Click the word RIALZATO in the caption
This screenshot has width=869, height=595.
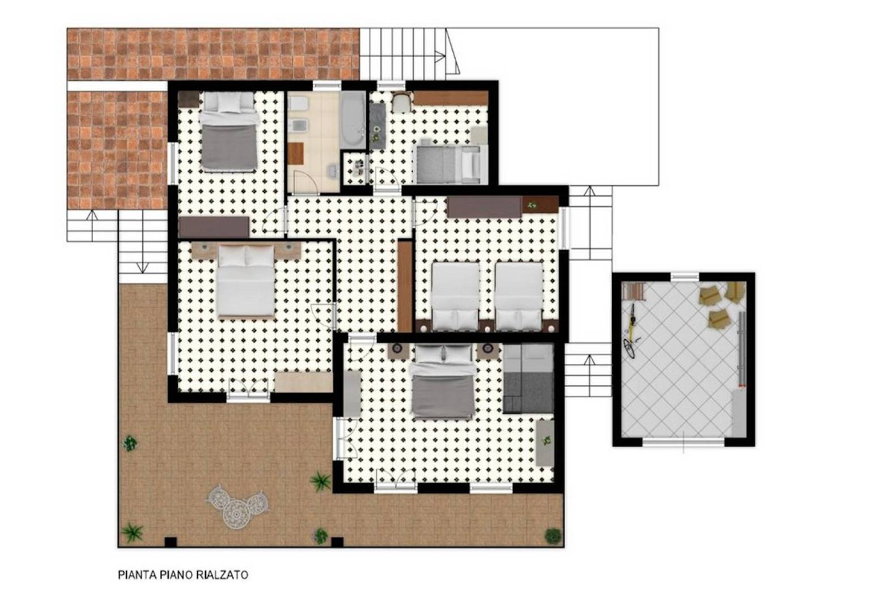(x=222, y=575)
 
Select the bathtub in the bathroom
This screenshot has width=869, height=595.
(x=353, y=120)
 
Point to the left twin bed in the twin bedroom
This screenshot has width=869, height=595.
(x=455, y=296)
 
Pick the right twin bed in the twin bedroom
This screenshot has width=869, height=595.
(x=519, y=296)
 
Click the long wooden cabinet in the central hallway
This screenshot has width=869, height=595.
(x=405, y=286)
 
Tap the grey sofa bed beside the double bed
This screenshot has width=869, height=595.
(x=528, y=379)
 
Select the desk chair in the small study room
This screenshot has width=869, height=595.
(x=401, y=101)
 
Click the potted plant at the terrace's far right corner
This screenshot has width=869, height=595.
(x=553, y=535)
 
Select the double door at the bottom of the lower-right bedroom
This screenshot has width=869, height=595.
(x=396, y=480)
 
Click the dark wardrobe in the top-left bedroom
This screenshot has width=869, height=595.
(x=214, y=227)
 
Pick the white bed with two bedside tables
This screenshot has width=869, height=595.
(x=245, y=281)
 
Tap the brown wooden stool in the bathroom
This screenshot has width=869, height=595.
(x=295, y=153)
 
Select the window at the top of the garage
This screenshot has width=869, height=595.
(x=685, y=277)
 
